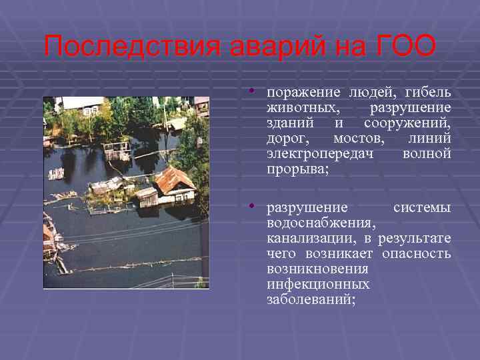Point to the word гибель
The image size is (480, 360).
[x=427, y=92]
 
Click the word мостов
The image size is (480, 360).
[x=361, y=139]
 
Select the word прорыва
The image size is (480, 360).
[x=297, y=169]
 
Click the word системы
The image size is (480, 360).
[x=421, y=208]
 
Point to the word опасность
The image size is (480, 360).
[x=417, y=254]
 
